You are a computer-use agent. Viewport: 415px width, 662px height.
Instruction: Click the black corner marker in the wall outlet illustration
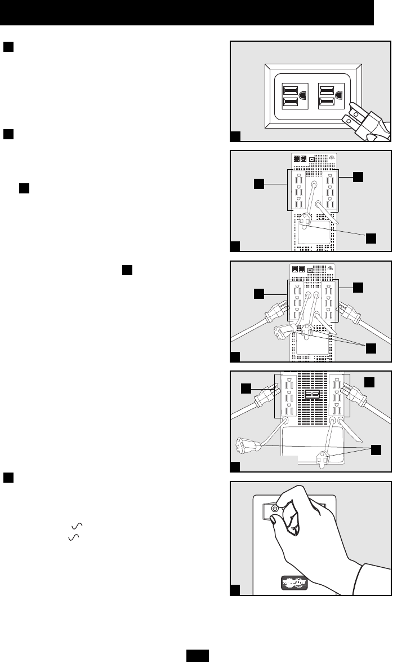tap(236, 136)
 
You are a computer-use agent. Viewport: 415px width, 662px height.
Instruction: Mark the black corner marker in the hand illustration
tap(236, 590)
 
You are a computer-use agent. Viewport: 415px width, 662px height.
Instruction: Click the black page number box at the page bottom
tap(198, 656)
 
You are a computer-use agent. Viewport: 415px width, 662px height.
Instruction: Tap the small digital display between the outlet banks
tap(311, 395)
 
